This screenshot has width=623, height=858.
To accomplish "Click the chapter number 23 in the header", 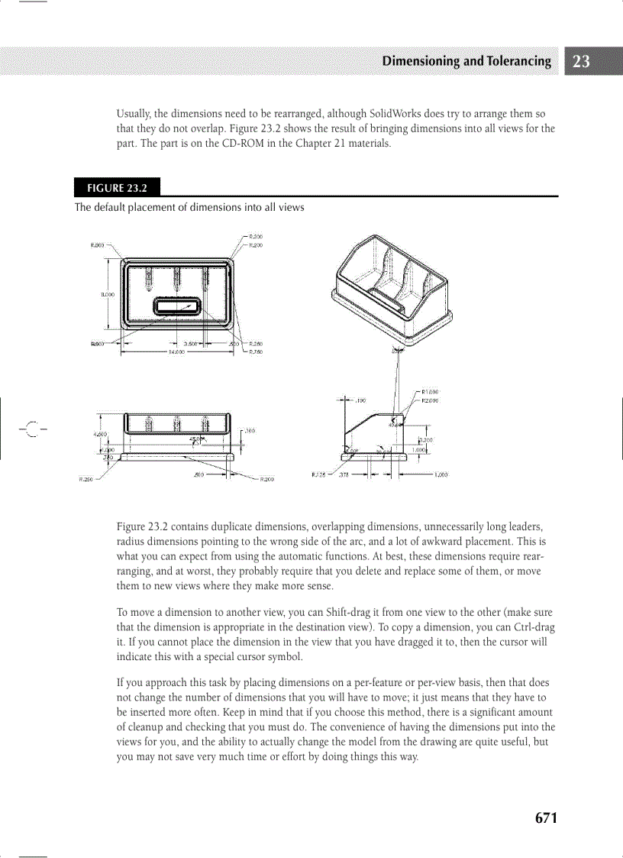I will pos(581,62).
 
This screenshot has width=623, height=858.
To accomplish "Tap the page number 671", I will pos(546,818).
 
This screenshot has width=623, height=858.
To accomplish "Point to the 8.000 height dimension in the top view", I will pos(108,293).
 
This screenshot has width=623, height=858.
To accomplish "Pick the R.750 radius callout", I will pos(256,352).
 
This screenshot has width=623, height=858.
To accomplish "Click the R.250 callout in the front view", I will pos(86,480).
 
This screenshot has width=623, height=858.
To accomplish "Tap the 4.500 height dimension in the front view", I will pos(100,433).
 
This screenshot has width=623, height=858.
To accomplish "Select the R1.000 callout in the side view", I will pos(429,391).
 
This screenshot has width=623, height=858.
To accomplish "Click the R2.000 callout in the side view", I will pos(429,400).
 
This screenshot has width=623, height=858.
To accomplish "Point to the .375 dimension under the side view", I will pos(344,474).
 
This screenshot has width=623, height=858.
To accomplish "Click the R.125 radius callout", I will pos(319,474).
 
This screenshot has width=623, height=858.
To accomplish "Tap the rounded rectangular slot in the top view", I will pos(177,306).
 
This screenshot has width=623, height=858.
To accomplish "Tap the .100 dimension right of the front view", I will pos(250,431).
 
